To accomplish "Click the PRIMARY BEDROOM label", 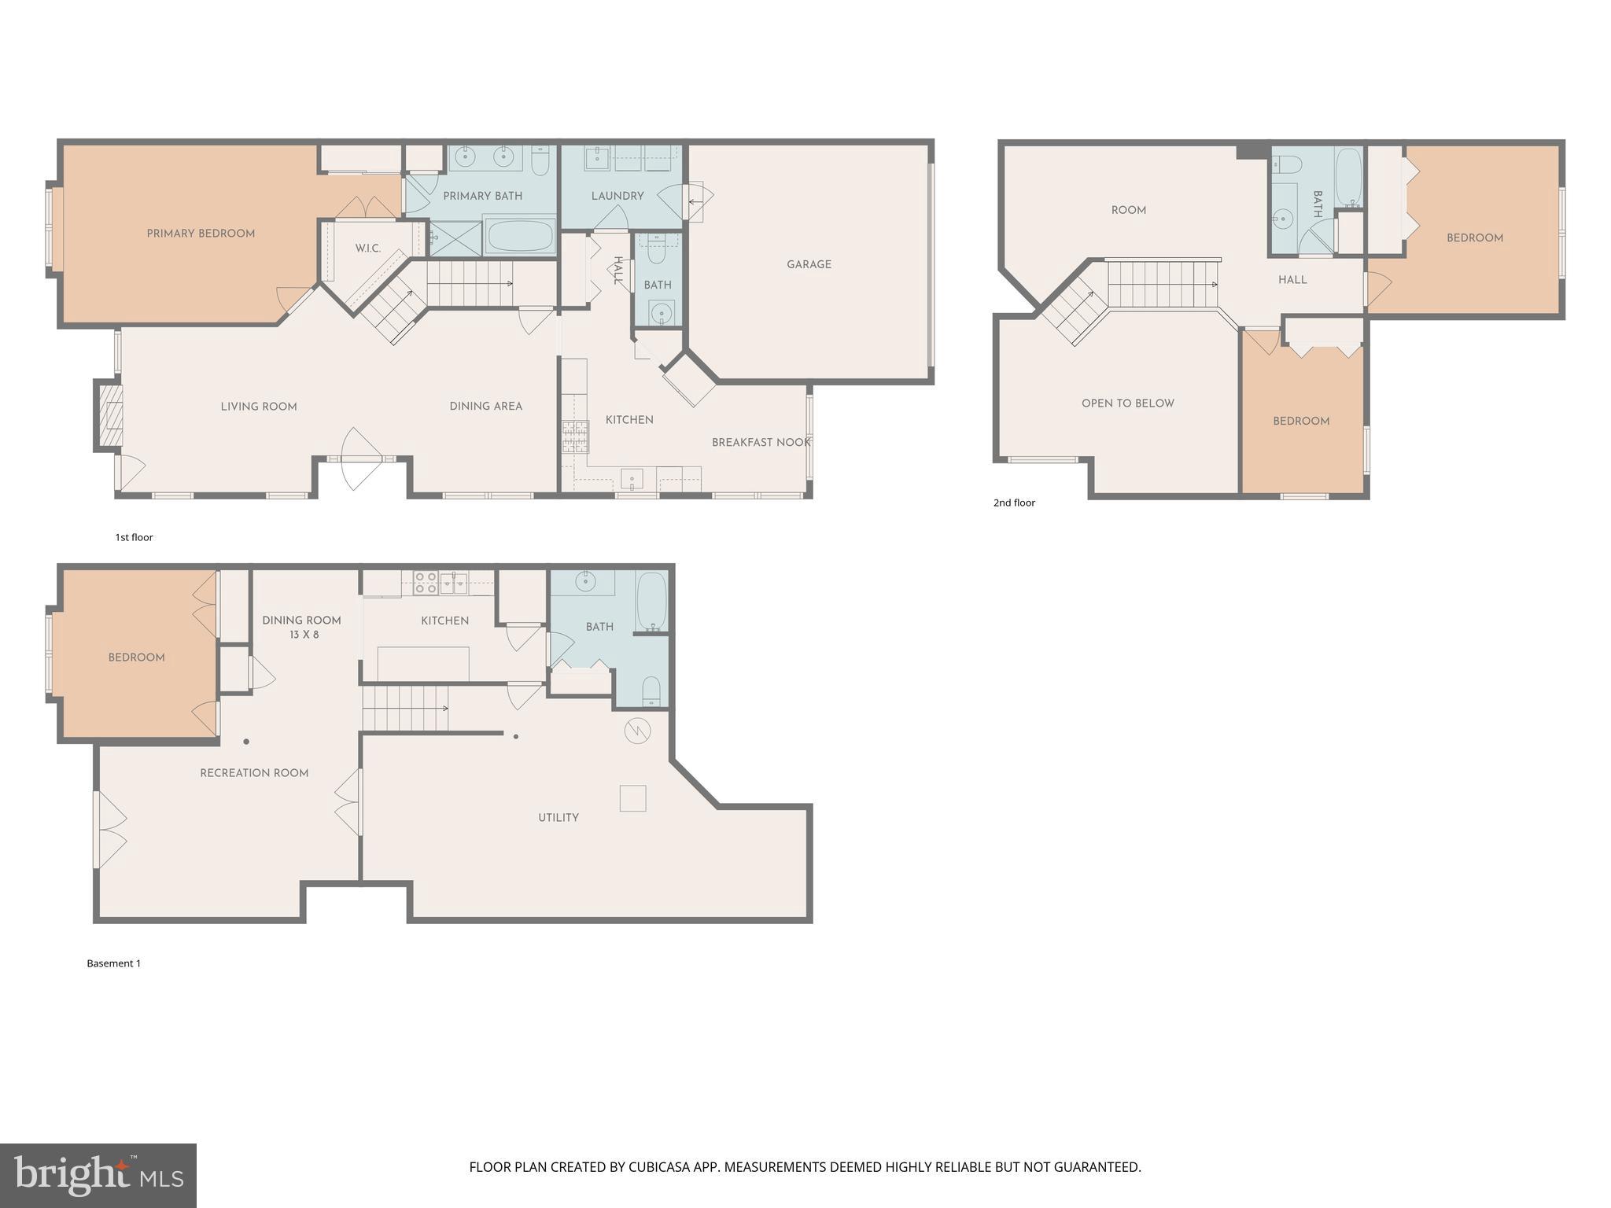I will pos(201,234).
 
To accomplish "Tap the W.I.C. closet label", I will pos(367,249).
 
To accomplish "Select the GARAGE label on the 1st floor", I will pos(809,264).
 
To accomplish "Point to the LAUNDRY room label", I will pos(617,196).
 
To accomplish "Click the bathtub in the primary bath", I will pos(519,236).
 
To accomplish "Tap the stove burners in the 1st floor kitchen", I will pos(575,436).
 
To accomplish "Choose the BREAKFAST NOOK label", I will pos(760,443).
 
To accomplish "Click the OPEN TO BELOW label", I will pos(1127,403).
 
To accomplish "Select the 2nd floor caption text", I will pos(1014,503).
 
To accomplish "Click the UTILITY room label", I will pos(559,818).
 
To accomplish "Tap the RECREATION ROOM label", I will pos(254,773).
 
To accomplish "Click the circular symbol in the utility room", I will pos(637,731).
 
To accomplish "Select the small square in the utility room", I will pos(633,798).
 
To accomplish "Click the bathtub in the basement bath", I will pos(651,602).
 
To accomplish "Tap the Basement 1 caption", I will pos(113,963).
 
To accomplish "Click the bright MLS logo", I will pos(98,1176).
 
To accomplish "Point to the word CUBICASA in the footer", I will pos(659,1167).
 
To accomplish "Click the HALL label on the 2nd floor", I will pos(1292,280).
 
